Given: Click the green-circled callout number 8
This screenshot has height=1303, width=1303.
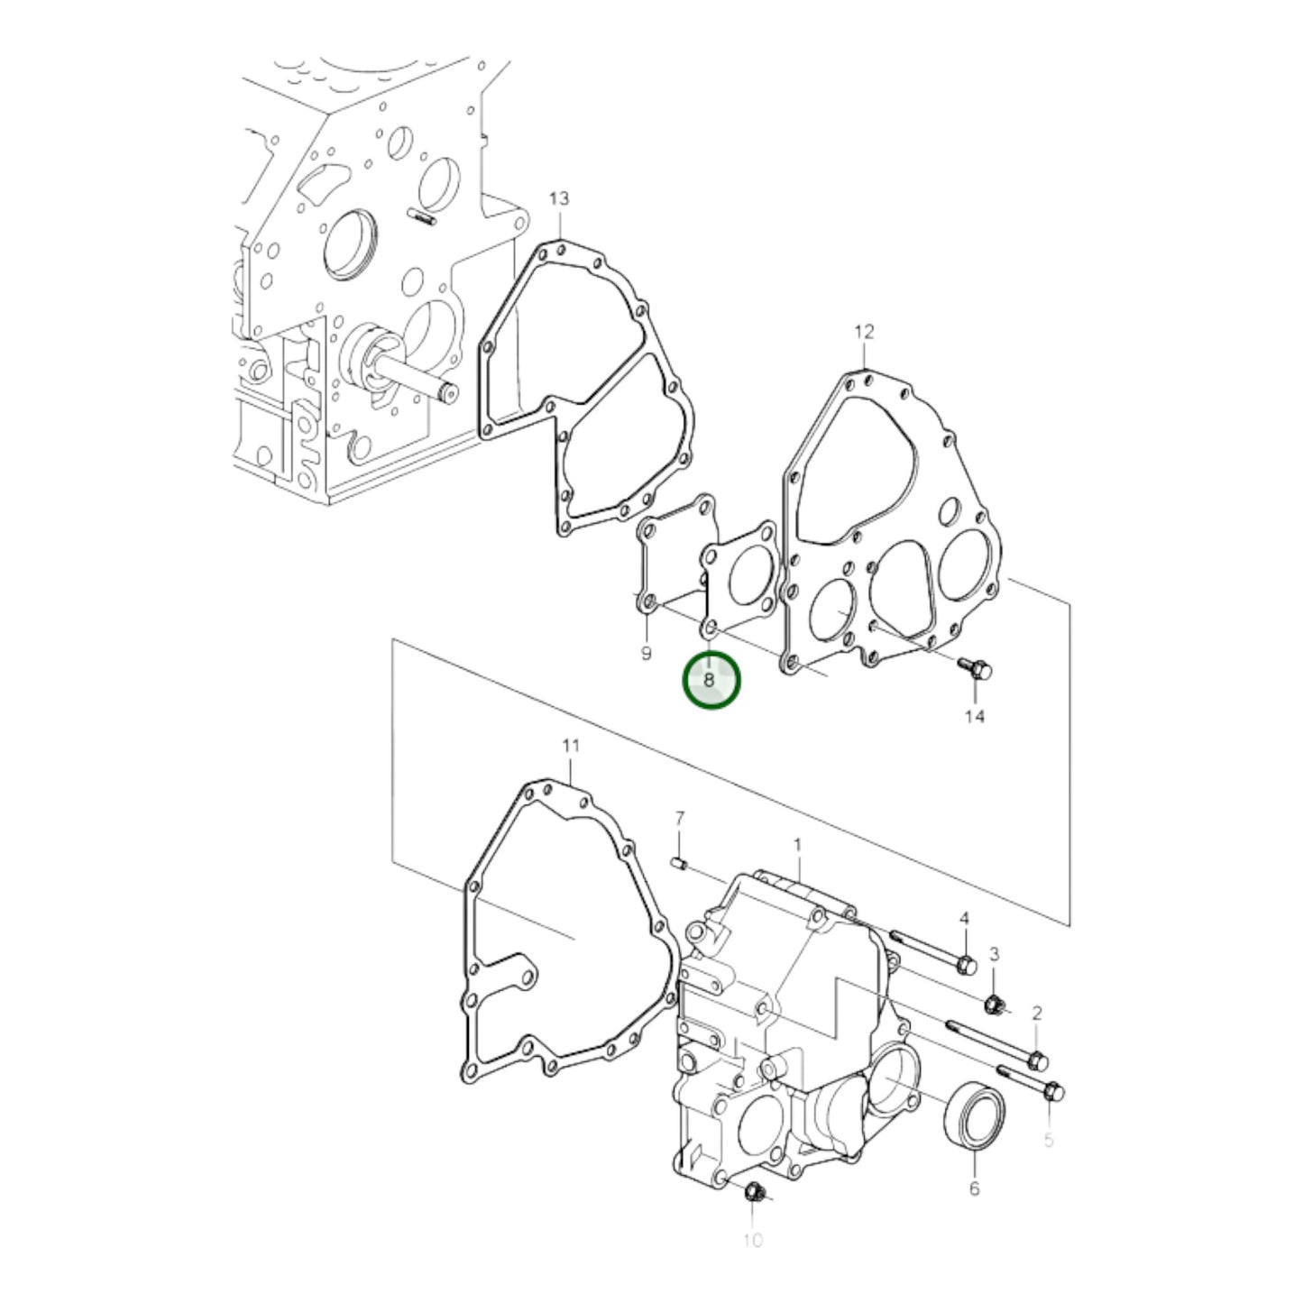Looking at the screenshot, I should pyautogui.click(x=711, y=680).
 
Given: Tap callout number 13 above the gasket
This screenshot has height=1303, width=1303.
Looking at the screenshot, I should pyautogui.click(x=559, y=198).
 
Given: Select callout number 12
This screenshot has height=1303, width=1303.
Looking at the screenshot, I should pyautogui.click(x=864, y=332).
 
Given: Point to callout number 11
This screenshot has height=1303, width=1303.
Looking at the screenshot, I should pyautogui.click(x=571, y=746).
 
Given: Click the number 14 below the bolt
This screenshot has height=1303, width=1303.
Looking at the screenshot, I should pyautogui.click(x=975, y=716).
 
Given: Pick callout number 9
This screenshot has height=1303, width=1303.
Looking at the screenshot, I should pyautogui.click(x=646, y=653).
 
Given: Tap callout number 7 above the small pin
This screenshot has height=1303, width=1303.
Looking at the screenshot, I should pyautogui.click(x=680, y=818).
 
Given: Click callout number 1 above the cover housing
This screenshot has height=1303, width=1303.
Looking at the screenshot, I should pyautogui.click(x=797, y=845).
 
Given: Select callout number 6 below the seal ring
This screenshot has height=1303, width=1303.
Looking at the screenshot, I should pyautogui.click(x=974, y=1188).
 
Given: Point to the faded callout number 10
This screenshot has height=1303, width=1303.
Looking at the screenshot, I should pyautogui.click(x=753, y=1241).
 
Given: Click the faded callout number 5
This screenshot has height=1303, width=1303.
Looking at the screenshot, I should pyautogui.click(x=1049, y=1141).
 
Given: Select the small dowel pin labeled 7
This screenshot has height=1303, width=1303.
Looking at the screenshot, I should pyautogui.click(x=681, y=865).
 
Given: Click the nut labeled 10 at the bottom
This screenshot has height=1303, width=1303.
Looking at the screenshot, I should pyautogui.click(x=753, y=1194).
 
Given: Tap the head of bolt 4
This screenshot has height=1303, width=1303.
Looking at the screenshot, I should pyautogui.click(x=965, y=965).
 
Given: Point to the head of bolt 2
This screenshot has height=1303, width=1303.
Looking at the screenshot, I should pyautogui.click(x=1037, y=1058).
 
